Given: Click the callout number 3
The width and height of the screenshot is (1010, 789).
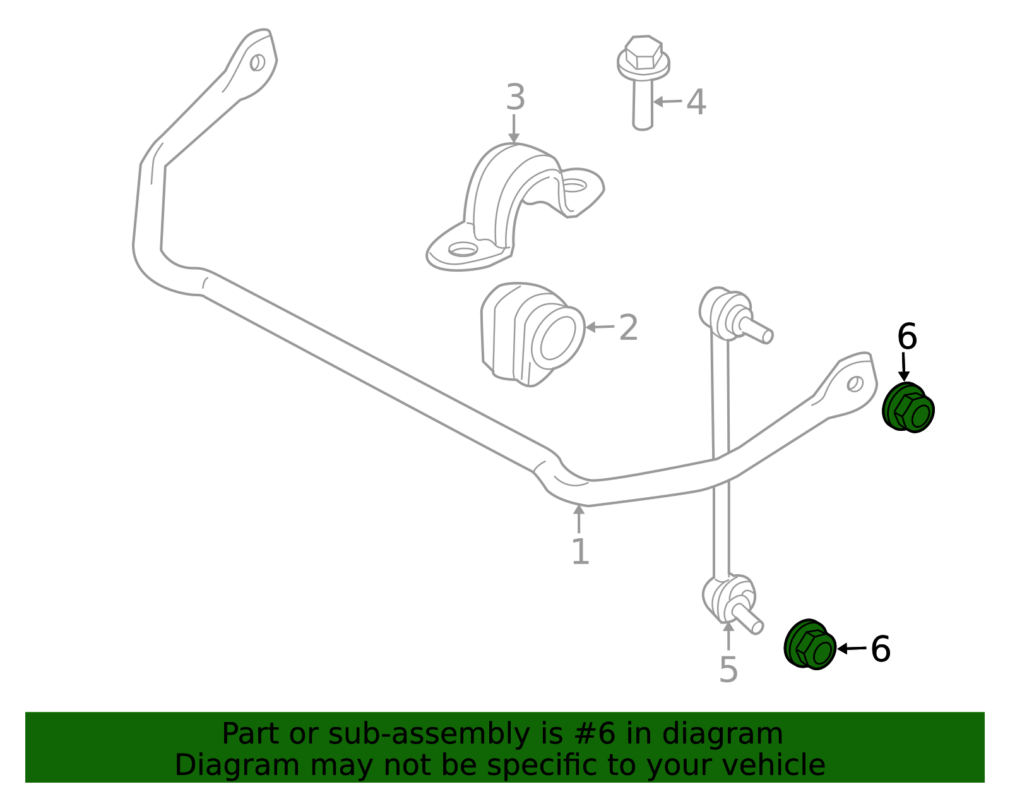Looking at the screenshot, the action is point(515,97).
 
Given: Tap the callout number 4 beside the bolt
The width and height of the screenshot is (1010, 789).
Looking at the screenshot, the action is point(696,102).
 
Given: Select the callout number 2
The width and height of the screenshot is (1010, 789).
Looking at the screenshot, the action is point(628,328).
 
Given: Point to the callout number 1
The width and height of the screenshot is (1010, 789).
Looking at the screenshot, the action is point(581,551).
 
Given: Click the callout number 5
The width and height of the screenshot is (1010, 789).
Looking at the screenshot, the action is point(728,670).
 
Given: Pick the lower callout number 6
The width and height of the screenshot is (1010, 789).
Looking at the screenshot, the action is point(881,649).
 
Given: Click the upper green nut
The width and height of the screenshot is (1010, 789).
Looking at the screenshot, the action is point(908,407).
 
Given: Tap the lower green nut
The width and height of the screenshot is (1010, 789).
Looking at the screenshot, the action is point(810,645).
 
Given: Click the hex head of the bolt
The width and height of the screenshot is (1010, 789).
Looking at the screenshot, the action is point(644,52).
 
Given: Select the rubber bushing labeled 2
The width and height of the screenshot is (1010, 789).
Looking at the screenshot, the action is point(533,334).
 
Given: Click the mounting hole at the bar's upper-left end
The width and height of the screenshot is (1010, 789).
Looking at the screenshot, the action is point(258,63).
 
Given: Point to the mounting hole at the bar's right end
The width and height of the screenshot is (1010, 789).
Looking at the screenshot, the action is point(855,384).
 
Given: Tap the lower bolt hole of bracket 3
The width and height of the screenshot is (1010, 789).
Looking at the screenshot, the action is point(463,250).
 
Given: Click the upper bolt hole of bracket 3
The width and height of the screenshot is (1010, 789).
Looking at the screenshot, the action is point(574,185).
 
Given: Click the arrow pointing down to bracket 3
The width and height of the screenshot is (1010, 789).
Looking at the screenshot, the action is point(514,128).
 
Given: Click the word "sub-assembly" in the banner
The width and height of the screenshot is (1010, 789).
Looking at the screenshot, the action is point(429,734).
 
